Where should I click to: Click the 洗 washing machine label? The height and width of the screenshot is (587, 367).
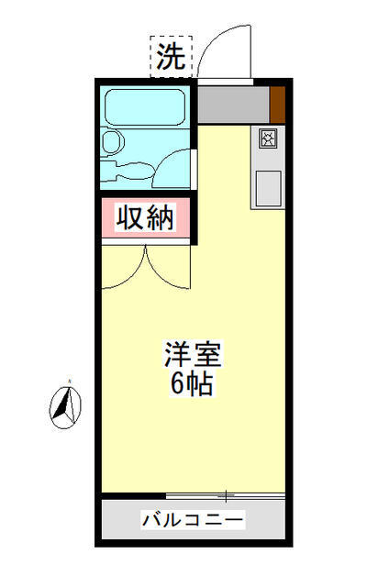(x=170, y=57)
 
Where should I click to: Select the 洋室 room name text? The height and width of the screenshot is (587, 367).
(x=194, y=353)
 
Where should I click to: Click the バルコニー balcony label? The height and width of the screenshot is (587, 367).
(x=193, y=521)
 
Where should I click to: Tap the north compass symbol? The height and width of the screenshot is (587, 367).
(x=65, y=405)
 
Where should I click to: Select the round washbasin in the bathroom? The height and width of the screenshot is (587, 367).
(x=113, y=143)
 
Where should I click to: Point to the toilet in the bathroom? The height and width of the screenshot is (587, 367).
(x=135, y=171)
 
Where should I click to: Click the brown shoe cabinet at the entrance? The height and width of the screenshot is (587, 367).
(x=277, y=104)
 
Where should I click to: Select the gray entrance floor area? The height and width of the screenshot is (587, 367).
(x=233, y=105)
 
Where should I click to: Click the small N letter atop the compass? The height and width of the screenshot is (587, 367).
(x=69, y=379)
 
